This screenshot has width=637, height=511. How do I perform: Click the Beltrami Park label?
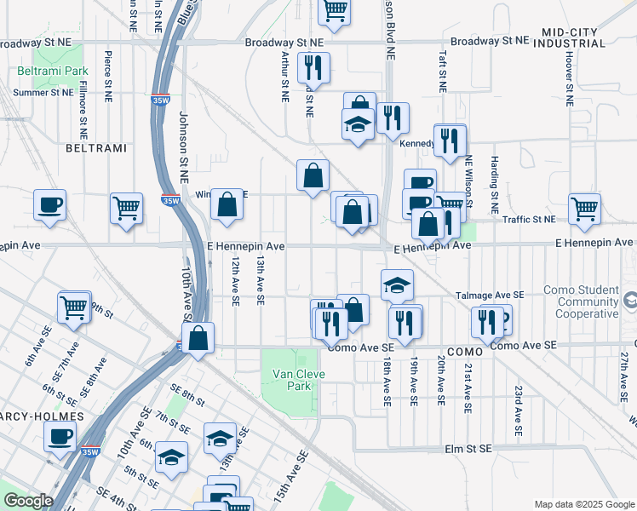[x=52, y=71]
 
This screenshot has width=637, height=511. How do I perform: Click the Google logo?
[x=28, y=501]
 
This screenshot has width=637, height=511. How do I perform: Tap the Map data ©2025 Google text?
[x=584, y=504]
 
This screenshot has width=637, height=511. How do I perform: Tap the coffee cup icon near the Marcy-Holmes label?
[x=60, y=437]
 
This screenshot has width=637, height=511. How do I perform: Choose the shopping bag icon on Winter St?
[x=227, y=204]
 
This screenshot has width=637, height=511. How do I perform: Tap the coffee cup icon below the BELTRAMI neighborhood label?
[x=49, y=204]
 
